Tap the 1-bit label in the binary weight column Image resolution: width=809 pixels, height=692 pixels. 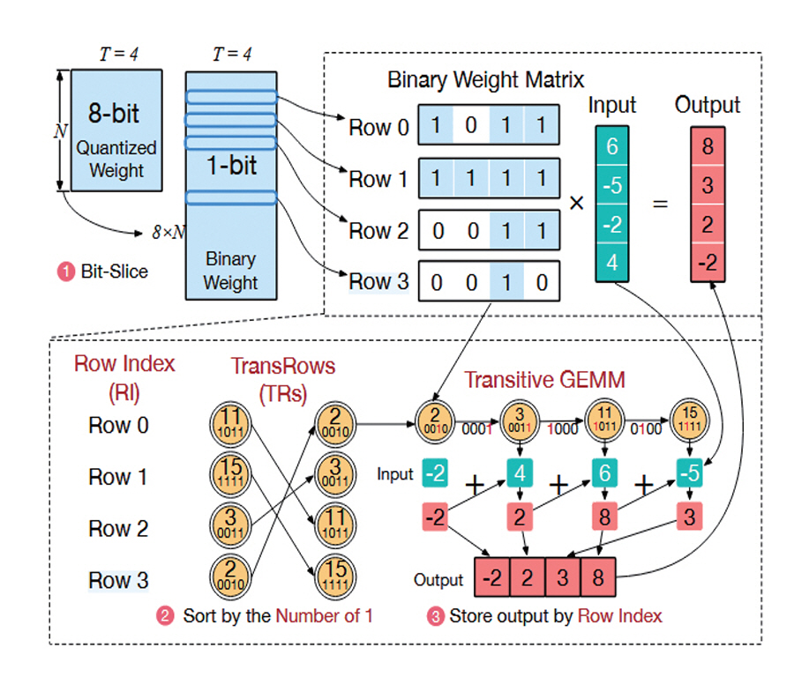pos(231,167)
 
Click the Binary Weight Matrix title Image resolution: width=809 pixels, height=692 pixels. pos(485,80)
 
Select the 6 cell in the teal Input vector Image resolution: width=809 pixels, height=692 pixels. pos(611,146)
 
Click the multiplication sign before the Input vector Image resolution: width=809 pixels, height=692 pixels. pos(576,203)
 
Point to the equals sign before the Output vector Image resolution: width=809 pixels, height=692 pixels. pos(659,204)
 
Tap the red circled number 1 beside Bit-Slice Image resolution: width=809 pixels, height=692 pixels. pos(65,272)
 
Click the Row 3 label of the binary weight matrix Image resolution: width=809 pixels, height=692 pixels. pos(378,281)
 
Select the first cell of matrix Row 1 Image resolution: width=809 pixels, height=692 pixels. pos(435,179)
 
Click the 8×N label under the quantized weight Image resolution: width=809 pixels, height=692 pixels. pos(169,233)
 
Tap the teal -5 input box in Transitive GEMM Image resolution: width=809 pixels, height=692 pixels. pos(691,474)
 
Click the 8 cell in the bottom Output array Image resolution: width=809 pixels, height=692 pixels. pos(598,580)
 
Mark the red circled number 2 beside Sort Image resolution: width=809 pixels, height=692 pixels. pos(165,616)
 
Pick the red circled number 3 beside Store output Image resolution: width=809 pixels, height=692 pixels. pos(434,616)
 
